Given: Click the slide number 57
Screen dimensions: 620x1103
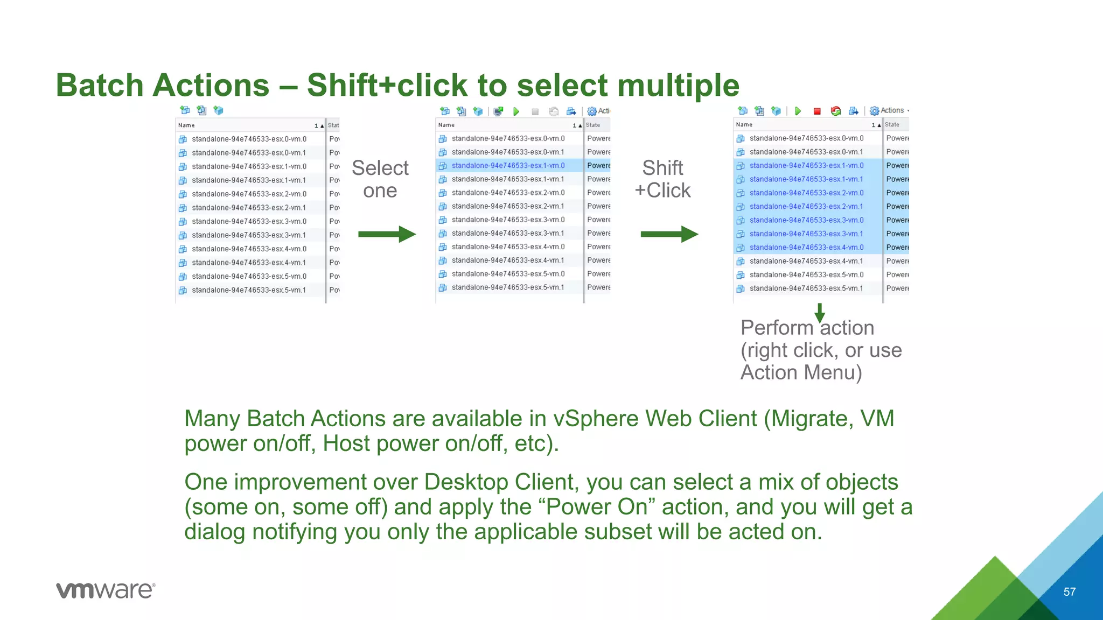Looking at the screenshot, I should click(1069, 592).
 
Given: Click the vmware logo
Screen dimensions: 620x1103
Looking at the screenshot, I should click(106, 590).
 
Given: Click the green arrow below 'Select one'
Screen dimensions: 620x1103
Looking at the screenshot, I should click(387, 234).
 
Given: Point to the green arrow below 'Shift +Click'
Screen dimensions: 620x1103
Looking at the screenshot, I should click(669, 234).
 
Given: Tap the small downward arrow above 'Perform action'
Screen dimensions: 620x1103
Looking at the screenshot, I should click(820, 313).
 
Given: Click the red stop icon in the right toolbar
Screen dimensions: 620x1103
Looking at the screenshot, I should click(817, 111).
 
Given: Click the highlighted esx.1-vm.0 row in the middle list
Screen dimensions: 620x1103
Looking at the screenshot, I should click(508, 166).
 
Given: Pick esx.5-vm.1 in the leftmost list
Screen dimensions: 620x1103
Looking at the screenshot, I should click(248, 290).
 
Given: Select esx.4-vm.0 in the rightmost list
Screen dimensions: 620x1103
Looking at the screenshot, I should click(806, 248).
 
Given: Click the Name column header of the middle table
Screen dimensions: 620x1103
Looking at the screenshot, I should click(446, 125).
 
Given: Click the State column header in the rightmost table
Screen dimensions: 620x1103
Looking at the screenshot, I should click(892, 125).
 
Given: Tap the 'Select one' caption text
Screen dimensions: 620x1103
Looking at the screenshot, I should click(380, 179).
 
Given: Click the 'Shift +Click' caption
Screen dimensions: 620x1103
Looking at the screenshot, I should click(662, 179).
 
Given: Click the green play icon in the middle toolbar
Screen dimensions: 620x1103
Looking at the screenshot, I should click(516, 111).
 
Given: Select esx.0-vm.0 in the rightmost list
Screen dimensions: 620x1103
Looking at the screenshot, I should click(806, 138).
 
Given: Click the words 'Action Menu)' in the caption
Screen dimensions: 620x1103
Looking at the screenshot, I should click(801, 372).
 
